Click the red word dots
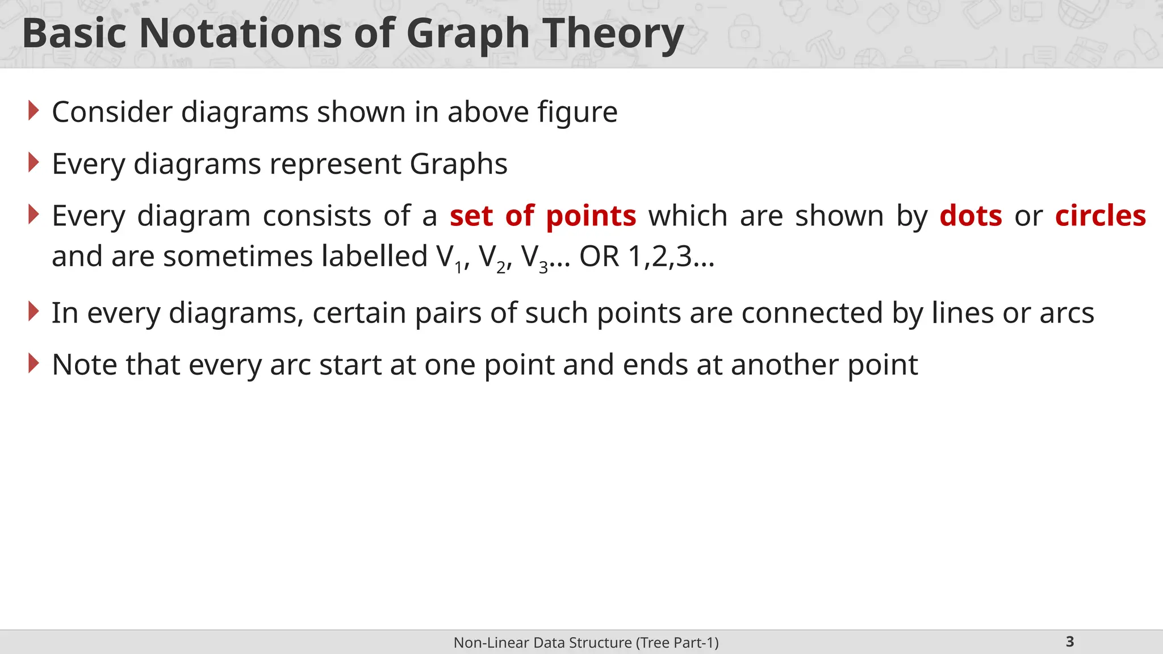point(970,216)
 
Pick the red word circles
point(1101,216)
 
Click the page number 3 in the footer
point(1070,642)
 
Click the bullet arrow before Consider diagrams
point(34,111)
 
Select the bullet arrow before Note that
point(34,363)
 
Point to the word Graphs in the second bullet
point(458,165)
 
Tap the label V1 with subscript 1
point(450,258)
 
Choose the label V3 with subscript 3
point(534,258)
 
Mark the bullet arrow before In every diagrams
point(34,312)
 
